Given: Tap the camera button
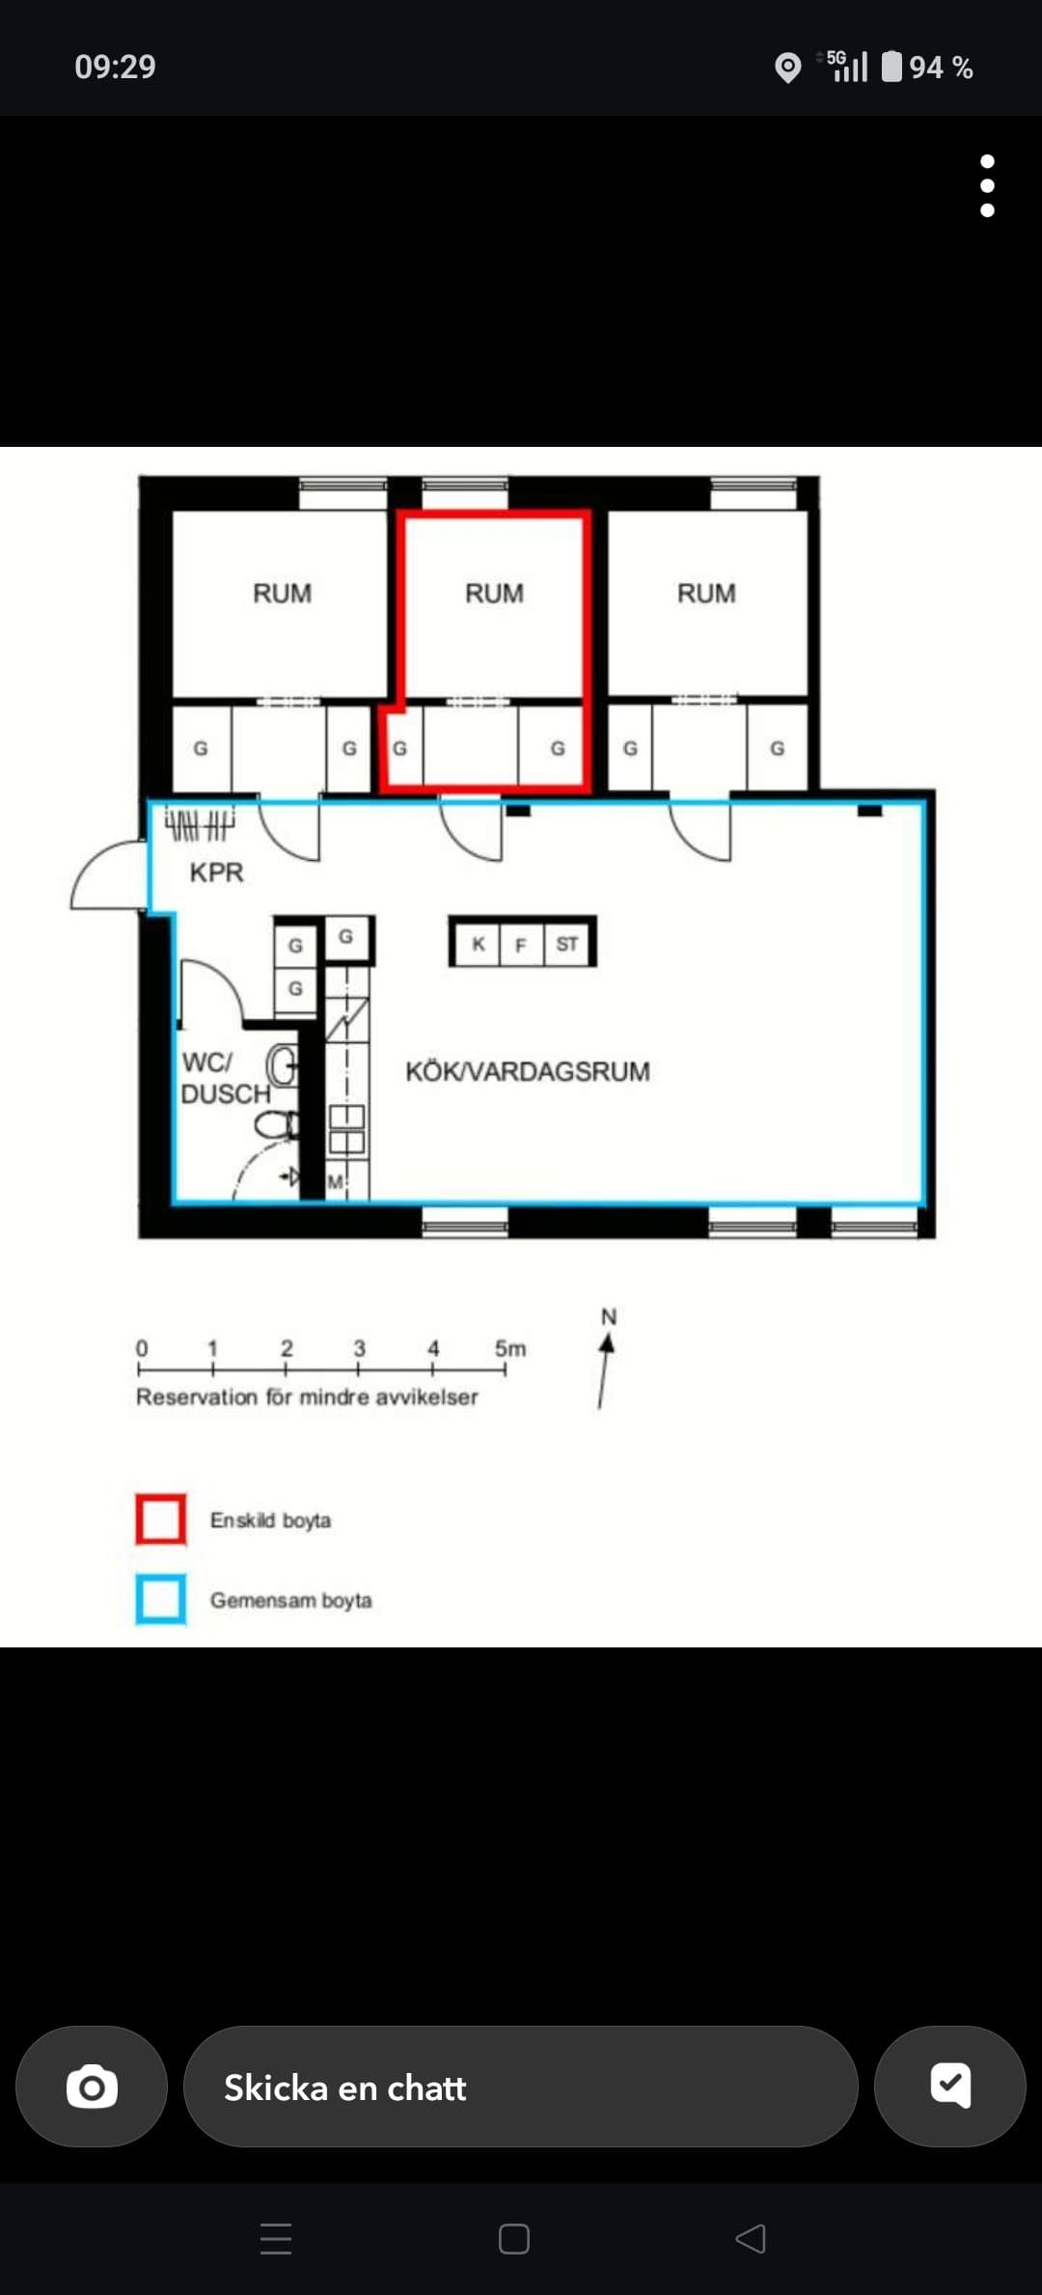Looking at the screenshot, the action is [92, 2087].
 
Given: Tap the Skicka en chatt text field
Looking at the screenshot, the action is [520, 2087].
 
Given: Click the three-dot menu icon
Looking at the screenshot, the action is [987, 185].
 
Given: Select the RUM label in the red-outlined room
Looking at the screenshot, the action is [494, 593].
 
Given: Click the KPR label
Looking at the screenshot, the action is [216, 872].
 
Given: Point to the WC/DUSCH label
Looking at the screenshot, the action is [226, 1078].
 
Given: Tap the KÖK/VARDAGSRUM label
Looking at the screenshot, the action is [528, 1071].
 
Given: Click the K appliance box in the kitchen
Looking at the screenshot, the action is [478, 943].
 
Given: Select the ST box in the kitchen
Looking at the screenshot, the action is [567, 943].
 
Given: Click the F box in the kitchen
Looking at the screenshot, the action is [521, 943].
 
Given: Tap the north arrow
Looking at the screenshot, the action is [605, 1370].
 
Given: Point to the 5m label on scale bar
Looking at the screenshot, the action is [510, 1348].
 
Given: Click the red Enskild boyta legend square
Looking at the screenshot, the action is [161, 1519].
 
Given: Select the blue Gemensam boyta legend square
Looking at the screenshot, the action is [161, 1599].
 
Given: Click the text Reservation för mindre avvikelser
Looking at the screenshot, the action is [307, 1396].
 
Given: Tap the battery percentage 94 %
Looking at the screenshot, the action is [941, 68].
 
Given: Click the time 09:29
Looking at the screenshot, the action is [115, 67].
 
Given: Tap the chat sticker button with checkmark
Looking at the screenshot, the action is [949, 2087].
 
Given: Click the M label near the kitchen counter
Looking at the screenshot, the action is [335, 1181].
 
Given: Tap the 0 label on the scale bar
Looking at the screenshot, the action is [142, 1348].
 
